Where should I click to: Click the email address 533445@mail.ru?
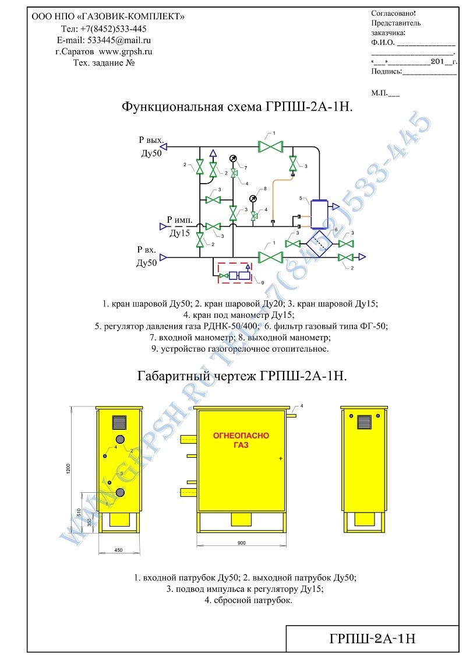pos(119,40)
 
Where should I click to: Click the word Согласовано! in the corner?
pos(393,13)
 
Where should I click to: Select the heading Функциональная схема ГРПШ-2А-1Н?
pos(237,107)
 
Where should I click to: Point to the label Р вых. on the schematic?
pos(151,140)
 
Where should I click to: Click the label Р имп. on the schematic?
pos(179,220)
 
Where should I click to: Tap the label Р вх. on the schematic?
pos(147,250)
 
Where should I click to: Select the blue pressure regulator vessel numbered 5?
pos(319,213)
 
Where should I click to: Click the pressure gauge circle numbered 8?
pos(253,198)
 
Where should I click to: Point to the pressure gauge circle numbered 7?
pos(233,159)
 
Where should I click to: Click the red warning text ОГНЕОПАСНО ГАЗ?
pos(241,440)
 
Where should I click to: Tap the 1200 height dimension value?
pos(68,469)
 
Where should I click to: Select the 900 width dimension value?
pos(241,543)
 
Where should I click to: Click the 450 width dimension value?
pos(118,550)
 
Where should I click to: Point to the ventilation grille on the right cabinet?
pos(365,422)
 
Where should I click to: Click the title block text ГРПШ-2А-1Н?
pos(372,639)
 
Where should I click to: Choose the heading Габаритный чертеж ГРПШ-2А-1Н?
pos(242,376)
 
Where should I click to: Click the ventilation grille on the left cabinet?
pos(119,422)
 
